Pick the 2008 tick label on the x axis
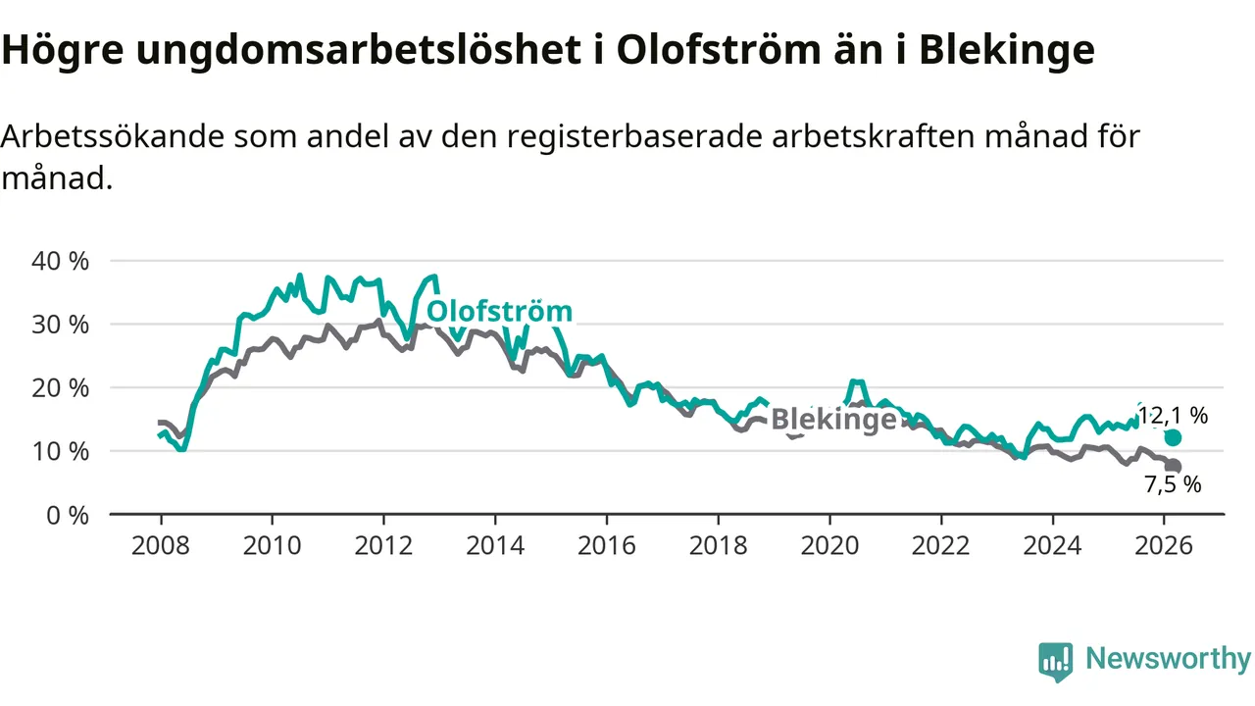[161, 544]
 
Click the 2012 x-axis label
[383, 544]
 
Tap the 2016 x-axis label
[607, 544]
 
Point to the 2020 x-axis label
[830, 544]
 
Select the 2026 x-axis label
[1165, 544]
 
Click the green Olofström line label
[501, 312]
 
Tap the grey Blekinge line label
[833, 420]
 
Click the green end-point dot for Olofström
[1173, 437]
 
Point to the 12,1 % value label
[1173, 416]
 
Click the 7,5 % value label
[1173, 484]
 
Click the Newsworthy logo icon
[1055, 661]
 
